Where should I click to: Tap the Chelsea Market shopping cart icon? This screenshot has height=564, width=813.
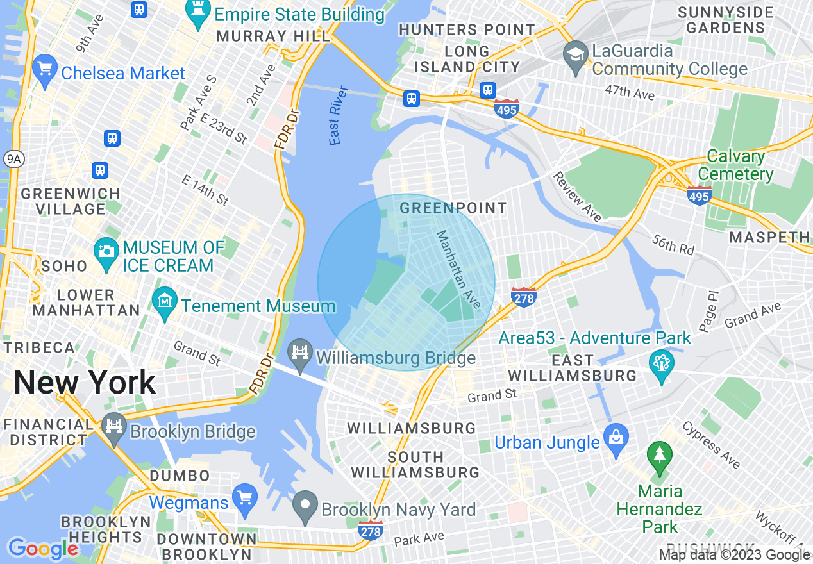pos(44,70)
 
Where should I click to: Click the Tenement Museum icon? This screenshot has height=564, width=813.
pos(165,304)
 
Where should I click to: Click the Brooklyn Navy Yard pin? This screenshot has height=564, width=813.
pos(305,507)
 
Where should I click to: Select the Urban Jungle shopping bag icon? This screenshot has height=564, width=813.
pos(616,440)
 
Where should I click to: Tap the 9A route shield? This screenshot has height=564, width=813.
pos(13,160)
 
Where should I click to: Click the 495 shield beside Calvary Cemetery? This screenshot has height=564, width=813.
pos(699,194)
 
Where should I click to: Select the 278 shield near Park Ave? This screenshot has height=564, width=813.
pos(371,530)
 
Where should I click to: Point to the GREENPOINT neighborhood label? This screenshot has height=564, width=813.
pos(453,208)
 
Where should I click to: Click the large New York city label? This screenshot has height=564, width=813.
pos(85,383)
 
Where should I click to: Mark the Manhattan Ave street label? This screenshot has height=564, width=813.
pos(458,269)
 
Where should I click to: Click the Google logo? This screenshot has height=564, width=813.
pos(42,549)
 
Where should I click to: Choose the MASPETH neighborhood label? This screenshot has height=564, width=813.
pos(770,237)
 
